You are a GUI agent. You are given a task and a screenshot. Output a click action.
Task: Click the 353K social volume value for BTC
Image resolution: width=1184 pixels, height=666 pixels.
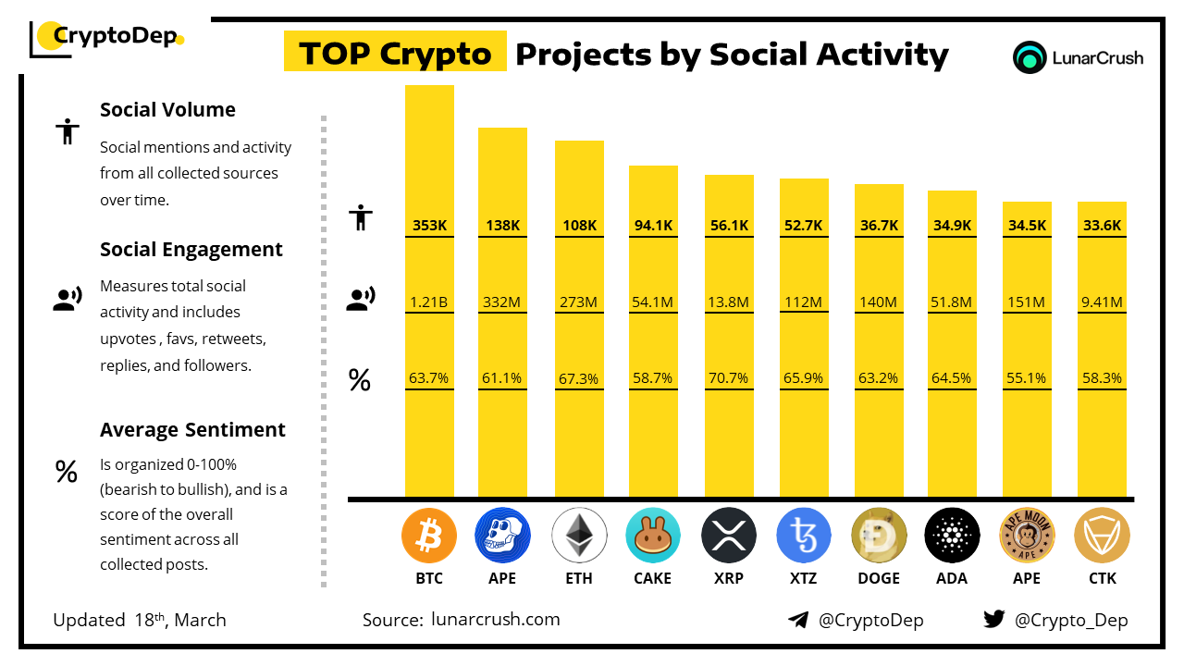click(429, 226)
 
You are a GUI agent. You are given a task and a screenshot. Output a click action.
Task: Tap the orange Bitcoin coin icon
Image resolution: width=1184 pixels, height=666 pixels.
click(429, 536)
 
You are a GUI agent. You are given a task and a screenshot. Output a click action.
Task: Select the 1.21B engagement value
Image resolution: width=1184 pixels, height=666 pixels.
click(429, 302)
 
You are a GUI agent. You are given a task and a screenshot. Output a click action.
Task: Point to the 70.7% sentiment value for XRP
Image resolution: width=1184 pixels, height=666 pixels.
click(729, 378)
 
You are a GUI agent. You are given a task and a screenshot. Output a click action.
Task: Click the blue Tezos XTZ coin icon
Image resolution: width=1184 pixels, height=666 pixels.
click(804, 536)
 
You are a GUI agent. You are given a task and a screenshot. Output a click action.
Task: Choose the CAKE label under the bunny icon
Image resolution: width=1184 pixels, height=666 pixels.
click(653, 578)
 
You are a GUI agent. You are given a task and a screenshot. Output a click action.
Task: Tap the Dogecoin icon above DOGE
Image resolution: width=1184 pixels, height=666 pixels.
click(879, 536)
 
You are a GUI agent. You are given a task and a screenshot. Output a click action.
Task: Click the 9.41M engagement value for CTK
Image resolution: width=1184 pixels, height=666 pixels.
click(1102, 302)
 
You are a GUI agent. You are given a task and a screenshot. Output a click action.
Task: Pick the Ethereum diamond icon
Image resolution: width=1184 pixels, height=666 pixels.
click(579, 536)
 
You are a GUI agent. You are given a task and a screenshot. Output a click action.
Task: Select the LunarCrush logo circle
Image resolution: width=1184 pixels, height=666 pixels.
click(1029, 57)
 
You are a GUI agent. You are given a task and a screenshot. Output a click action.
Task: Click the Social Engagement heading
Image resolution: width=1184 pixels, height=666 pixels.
click(191, 250)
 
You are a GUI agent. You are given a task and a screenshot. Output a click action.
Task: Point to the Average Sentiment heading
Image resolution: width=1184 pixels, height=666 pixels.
click(192, 430)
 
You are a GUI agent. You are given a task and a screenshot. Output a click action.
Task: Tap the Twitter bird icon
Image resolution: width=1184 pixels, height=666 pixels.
click(994, 619)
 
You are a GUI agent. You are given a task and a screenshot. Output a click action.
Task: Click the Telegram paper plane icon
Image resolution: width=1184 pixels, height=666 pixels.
click(798, 620)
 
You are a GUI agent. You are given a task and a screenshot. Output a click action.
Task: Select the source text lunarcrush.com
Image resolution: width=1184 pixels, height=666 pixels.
click(496, 620)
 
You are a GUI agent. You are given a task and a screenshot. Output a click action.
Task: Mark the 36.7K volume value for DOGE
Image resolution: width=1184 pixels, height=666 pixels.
click(879, 226)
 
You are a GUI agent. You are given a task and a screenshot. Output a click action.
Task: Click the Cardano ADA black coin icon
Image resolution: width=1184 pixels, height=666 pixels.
click(952, 536)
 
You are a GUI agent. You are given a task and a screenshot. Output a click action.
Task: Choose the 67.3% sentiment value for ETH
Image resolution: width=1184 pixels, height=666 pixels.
click(579, 378)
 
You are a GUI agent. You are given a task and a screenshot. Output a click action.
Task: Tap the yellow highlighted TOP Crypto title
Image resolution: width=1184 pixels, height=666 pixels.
click(395, 54)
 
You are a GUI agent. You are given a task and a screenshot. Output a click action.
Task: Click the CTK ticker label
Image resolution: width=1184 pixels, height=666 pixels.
click(1102, 578)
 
